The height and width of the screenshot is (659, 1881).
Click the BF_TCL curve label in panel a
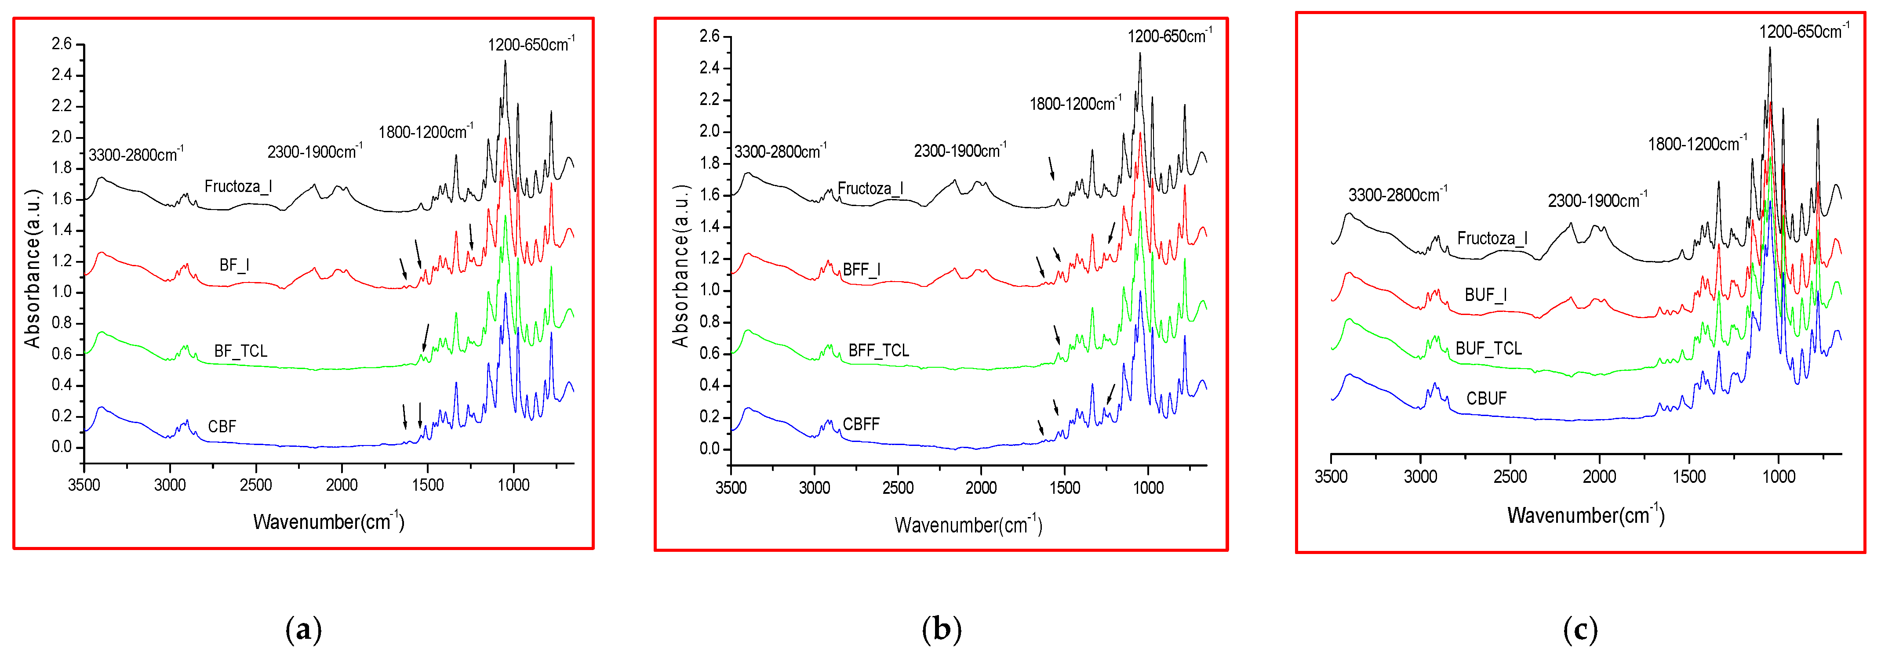coord(240,351)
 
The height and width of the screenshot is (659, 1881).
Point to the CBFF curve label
coord(861,424)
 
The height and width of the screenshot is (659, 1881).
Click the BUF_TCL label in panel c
coord(1488,349)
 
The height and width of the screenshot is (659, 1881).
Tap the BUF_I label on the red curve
coord(1485,295)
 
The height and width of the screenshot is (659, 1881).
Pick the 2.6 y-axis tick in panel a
coord(62,44)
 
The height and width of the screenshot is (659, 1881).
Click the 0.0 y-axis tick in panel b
coord(709,449)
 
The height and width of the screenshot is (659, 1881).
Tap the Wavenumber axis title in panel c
coord(1585,515)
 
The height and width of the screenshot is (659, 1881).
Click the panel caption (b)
coord(941,629)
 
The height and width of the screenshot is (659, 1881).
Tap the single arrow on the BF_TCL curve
coord(426,337)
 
